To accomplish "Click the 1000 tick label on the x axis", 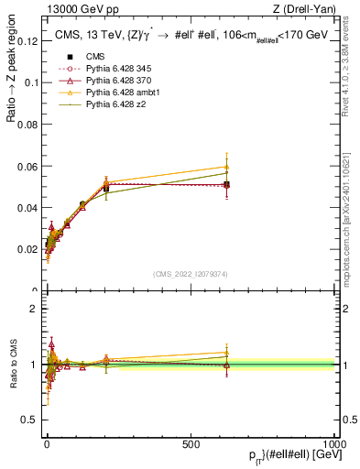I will click(x=334, y=442).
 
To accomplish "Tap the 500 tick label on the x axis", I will click(x=191, y=442).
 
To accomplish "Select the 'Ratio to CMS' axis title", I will click(x=13, y=366).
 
